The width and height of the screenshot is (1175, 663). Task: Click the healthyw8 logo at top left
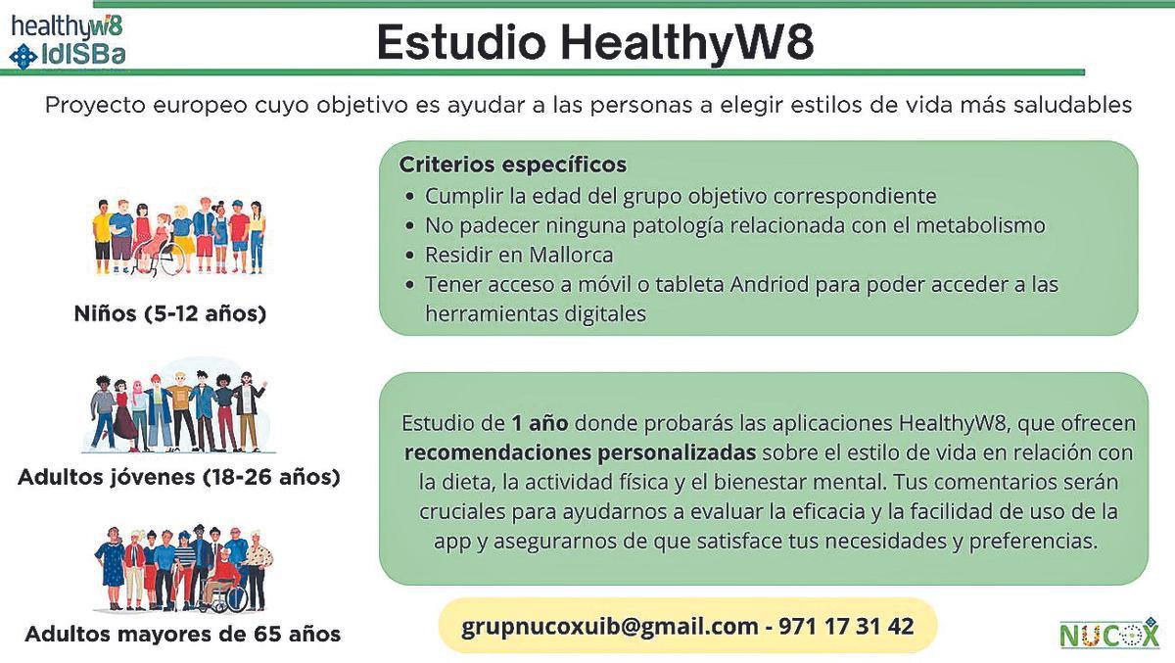(67, 24)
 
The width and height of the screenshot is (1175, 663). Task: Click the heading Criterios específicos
(512, 164)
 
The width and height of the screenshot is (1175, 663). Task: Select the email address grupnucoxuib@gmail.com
(610, 625)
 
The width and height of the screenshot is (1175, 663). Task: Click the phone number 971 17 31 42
(846, 625)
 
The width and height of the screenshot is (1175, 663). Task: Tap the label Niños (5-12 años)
(170, 314)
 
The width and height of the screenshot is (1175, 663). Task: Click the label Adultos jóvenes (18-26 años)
(179, 478)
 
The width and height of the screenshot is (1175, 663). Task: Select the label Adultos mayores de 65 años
(182, 634)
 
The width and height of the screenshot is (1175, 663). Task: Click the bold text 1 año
(540, 424)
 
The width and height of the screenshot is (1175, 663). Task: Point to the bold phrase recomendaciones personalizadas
(580, 453)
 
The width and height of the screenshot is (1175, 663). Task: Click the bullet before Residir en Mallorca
(408, 256)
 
